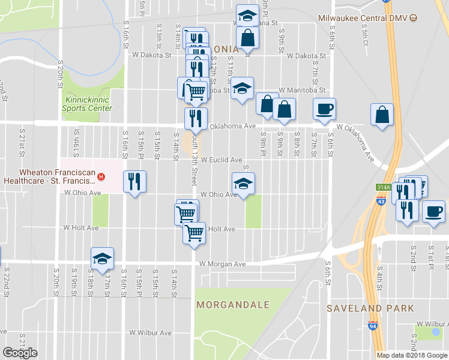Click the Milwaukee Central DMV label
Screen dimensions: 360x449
[363, 19]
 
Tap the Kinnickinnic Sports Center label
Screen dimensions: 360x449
[88, 104]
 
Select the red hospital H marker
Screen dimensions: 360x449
[101, 176]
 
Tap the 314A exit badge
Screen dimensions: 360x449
[383, 187]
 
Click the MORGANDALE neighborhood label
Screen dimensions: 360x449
[233, 305]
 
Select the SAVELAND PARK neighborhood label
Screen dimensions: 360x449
[370, 308]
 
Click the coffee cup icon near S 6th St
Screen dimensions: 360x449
[324, 109]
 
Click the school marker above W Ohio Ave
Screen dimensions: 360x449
[243, 183]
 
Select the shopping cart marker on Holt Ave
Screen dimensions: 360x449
[193, 232]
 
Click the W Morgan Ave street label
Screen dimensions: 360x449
[223, 264]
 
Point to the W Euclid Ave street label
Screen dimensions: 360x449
[221, 160]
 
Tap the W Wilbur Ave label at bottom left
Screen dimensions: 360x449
[151, 332]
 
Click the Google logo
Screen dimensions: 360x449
[20, 353]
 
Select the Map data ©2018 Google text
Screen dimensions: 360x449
[412, 355]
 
